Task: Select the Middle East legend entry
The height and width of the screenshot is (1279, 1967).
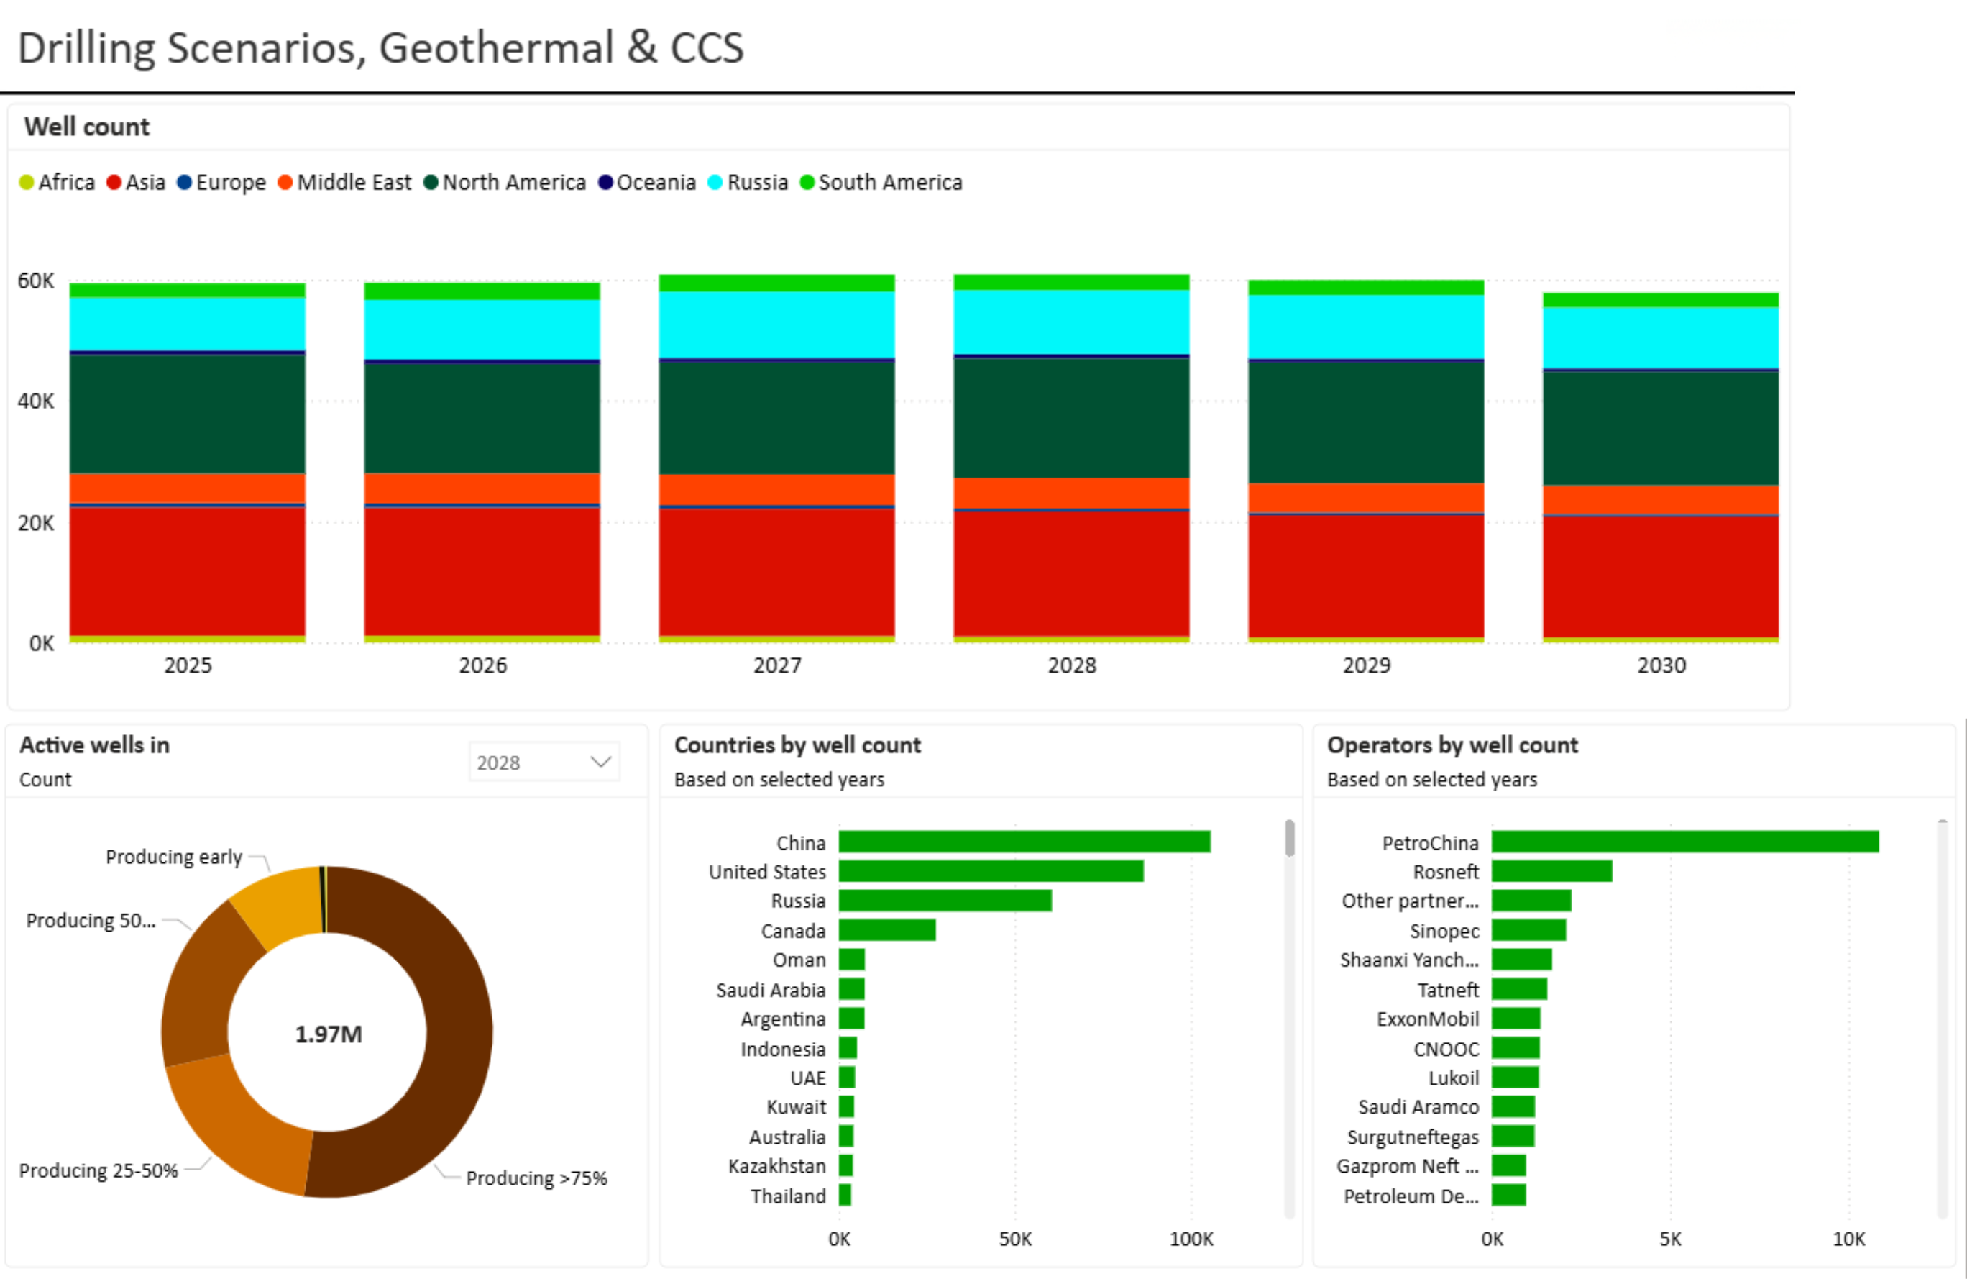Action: (344, 182)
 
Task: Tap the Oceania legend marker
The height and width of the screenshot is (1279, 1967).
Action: (605, 182)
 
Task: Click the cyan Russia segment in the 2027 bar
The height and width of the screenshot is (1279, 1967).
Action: (776, 324)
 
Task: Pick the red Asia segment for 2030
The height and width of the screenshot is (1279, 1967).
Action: (1661, 577)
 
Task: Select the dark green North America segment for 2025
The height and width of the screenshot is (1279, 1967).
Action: (188, 414)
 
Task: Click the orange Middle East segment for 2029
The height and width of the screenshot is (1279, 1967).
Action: (1365, 498)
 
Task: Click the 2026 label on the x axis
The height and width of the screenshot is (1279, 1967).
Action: (482, 665)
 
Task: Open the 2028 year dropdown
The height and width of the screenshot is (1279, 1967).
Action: (544, 763)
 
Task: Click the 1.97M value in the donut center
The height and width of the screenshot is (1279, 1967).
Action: (328, 1034)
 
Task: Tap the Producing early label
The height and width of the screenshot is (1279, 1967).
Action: (173, 857)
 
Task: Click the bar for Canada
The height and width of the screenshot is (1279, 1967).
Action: (886, 930)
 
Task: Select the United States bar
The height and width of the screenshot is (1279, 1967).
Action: (991, 871)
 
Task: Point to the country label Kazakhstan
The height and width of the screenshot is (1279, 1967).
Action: (777, 1166)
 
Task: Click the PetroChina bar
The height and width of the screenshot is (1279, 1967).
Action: (1685, 842)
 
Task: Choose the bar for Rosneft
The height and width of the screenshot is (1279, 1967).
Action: (1552, 871)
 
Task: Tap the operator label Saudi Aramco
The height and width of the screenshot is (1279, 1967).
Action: (1418, 1107)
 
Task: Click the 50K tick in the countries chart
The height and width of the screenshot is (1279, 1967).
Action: (1015, 1239)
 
